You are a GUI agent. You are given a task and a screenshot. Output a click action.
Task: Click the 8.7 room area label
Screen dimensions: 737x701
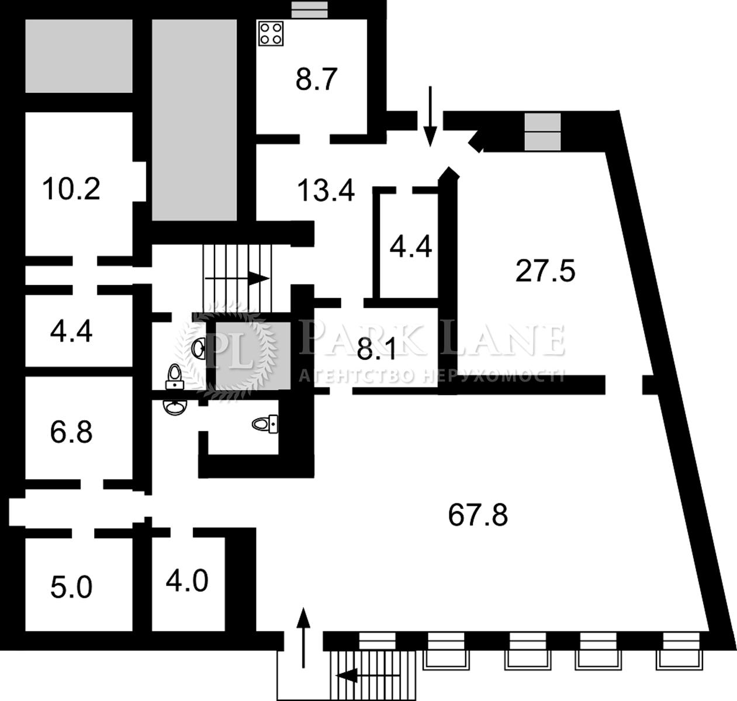[x=316, y=79]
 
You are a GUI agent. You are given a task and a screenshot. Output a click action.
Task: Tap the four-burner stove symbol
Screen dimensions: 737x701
[x=271, y=34]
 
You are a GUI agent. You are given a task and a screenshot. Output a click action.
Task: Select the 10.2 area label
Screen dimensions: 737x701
[x=71, y=189]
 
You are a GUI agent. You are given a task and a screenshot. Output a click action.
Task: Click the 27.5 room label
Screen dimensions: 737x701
[x=545, y=271]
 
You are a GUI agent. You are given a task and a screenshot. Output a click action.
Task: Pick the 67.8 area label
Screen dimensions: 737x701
[x=478, y=515]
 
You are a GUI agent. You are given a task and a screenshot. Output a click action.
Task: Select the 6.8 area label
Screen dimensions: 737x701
[x=71, y=432]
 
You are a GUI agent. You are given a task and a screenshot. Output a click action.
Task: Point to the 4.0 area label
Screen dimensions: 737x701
[x=187, y=581]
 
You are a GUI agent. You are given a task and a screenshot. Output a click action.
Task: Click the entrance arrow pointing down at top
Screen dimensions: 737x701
[x=430, y=116]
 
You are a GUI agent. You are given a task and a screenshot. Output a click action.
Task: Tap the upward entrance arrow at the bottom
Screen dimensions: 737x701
[x=303, y=638]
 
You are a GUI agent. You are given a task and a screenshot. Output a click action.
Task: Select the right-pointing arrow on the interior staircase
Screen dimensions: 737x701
[x=237, y=279]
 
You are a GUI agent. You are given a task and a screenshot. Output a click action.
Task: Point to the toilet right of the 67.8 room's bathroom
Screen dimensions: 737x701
[x=265, y=424]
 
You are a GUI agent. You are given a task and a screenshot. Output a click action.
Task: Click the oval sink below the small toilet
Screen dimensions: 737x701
[x=175, y=407]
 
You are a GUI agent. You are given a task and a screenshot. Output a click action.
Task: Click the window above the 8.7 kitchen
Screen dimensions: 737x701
[x=309, y=10]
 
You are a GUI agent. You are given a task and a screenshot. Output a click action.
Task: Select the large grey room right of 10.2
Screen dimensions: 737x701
[x=194, y=120]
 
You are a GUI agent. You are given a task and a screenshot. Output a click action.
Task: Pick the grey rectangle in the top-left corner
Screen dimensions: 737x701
[x=79, y=56]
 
